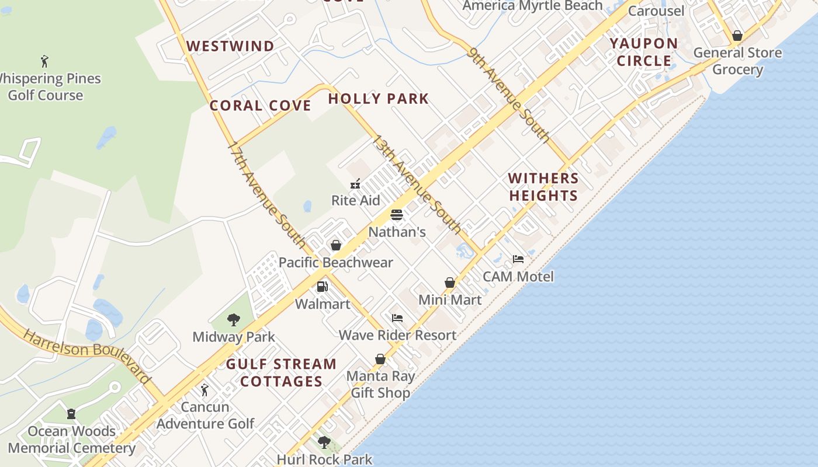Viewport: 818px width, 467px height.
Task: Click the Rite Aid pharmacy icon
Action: pyautogui.click(x=355, y=184)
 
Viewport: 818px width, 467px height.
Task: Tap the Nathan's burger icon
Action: pyautogui.click(x=397, y=215)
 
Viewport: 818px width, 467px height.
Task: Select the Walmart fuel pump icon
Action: pyautogui.click(x=322, y=287)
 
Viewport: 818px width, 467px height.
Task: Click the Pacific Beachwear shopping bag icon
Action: pyautogui.click(x=336, y=245)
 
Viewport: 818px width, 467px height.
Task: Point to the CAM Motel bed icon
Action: pyautogui.click(x=518, y=259)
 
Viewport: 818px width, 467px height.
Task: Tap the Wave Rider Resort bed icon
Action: pyautogui.click(x=397, y=318)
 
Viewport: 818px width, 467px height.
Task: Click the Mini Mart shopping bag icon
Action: pyautogui.click(x=450, y=283)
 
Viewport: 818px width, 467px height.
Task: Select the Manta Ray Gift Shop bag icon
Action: pyautogui.click(x=380, y=359)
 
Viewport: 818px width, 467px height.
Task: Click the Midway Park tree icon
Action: pyautogui.click(x=234, y=320)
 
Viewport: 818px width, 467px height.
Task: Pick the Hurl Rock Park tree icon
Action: pyautogui.click(x=324, y=442)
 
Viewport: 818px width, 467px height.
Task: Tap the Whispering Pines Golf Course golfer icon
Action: pyautogui.click(x=44, y=61)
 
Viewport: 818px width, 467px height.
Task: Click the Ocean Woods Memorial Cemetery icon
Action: pyautogui.click(x=71, y=414)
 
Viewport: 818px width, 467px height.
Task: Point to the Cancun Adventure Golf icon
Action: pyautogui.click(x=204, y=389)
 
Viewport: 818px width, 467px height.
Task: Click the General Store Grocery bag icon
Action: pyautogui.click(x=737, y=36)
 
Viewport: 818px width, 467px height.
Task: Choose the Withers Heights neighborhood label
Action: pyautogui.click(x=543, y=187)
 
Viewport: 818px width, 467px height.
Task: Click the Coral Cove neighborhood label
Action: pyautogui.click(x=260, y=106)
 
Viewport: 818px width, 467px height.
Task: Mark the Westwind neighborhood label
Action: pyautogui.click(x=230, y=46)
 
